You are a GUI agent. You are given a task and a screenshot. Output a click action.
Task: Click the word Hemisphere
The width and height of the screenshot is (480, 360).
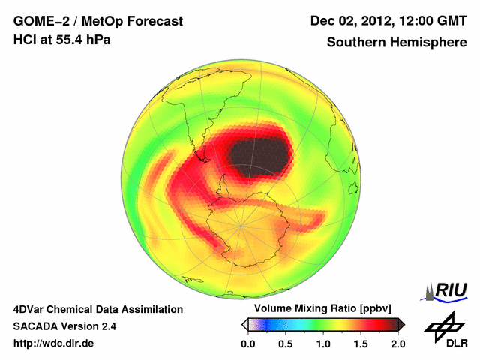[x=429, y=43]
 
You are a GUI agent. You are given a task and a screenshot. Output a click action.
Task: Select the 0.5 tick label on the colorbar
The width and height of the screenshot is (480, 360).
[x=286, y=344]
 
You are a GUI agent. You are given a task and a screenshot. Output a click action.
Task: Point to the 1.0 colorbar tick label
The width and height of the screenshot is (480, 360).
[x=323, y=344]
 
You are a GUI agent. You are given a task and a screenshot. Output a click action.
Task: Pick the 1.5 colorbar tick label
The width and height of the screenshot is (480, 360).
[x=361, y=344]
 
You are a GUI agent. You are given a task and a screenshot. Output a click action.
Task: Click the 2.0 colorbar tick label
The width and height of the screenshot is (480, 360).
[x=398, y=344]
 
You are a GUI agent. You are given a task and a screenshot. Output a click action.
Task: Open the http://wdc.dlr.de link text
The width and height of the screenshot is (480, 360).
[x=54, y=344]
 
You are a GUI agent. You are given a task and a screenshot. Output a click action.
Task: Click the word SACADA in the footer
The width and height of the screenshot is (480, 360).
[x=40, y=326]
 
